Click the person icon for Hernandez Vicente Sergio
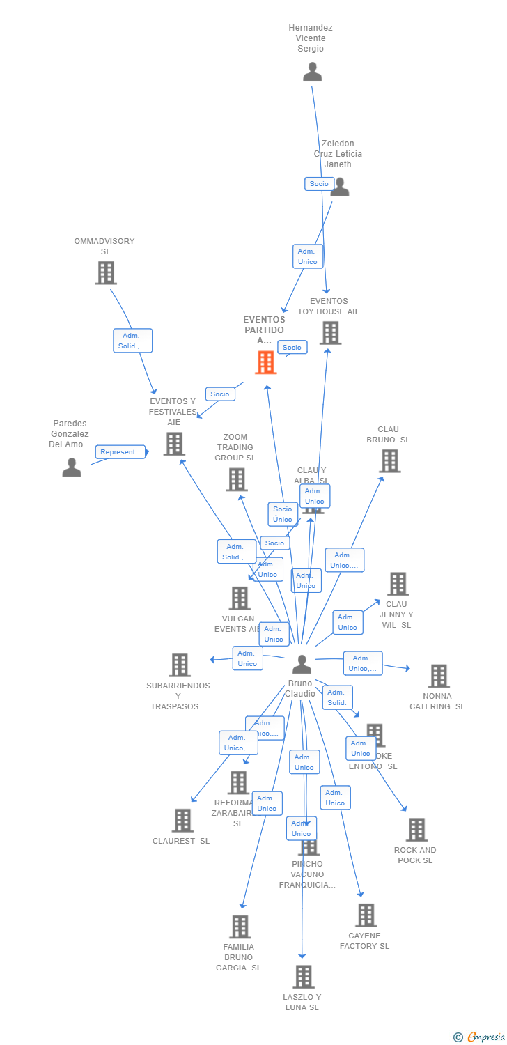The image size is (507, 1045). [313, 72]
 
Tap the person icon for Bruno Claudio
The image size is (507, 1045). [302, 665]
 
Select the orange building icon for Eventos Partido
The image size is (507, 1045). [265, 362]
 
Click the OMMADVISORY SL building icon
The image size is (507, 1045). [106, 272]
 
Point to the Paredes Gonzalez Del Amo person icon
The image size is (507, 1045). [72, 467]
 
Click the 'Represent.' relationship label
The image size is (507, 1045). [120, 452]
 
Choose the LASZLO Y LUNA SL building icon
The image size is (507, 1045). [303, 977]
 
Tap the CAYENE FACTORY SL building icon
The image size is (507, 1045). [366, 915]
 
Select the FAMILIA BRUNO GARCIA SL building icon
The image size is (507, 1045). [240, 927]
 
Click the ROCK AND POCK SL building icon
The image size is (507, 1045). [416, 829]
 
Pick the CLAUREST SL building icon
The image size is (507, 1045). [182, 821]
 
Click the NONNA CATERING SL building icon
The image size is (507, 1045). [438, 676]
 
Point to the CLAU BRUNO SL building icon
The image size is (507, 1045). [389, 460]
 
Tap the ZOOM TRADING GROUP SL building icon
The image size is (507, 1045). [237, 479]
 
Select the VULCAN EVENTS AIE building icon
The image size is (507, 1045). [240, 598]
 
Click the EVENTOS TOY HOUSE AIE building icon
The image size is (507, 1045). [330, 333]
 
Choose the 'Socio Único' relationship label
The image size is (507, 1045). [283, 514]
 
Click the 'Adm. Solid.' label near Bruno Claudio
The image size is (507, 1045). [337, 697]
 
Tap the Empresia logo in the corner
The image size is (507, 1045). [480, 1037]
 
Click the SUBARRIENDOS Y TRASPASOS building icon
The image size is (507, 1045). [180, 665]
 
